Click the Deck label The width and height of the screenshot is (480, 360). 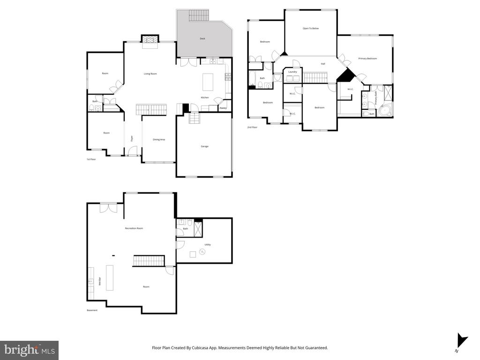click(x=202, y=38)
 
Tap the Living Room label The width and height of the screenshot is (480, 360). click(x=150, y=74)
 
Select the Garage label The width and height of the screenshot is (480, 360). click(x=204, y=146)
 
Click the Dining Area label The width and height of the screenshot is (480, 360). click(x=159, y=139)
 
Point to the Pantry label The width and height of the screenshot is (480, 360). click(x=223, y=108)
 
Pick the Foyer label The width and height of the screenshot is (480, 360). click(x=132, y=138)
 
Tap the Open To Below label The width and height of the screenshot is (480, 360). click(x=310, y=29)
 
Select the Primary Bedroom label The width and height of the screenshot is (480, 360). click(x=367, y=59)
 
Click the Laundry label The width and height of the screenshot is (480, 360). click(x=293, y=72)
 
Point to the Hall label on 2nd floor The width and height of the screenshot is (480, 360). click(x=323, y=64)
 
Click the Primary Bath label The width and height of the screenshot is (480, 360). click(x=375, y=97)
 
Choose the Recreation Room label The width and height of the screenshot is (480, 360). click(x=134, y=228)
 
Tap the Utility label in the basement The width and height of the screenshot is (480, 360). click(x=208, y=245)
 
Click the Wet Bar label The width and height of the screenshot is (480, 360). click(x=99, y=281)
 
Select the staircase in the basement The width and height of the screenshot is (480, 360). click(x=149, y=261)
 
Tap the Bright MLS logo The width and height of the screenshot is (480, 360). click(x=29, y=350)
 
